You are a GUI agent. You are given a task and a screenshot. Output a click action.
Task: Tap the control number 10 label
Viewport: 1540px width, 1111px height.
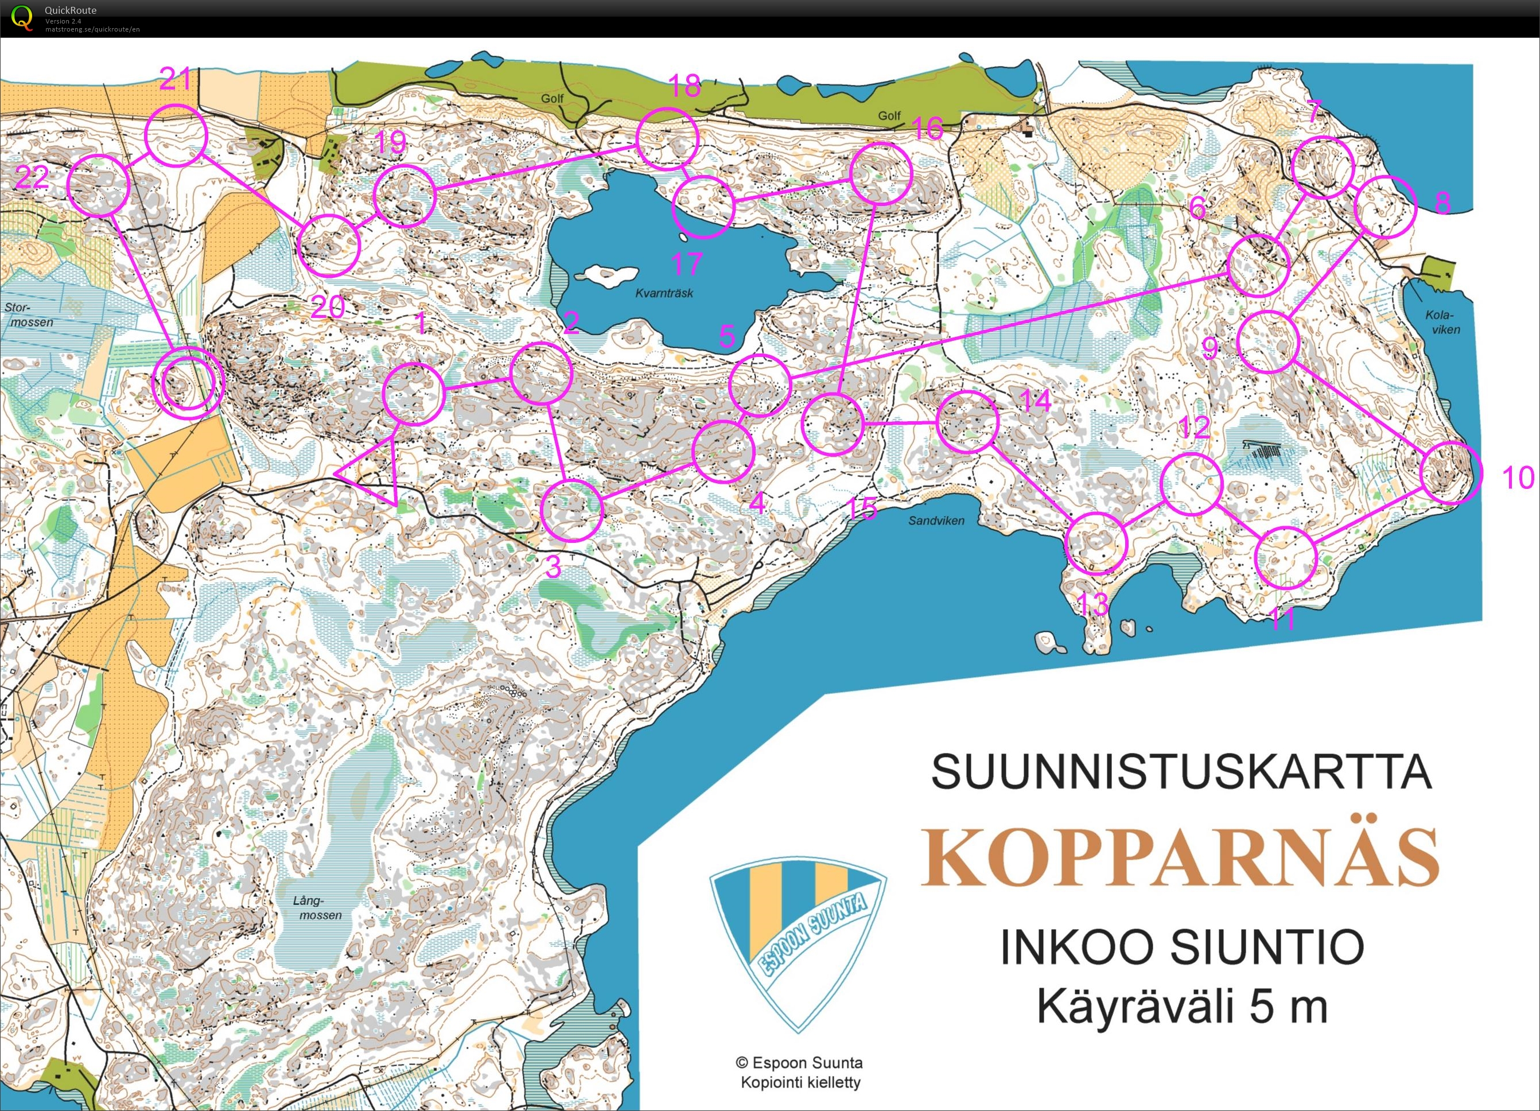point(1518,477)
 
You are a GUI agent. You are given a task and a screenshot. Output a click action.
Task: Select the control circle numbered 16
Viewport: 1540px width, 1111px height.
point(881,173)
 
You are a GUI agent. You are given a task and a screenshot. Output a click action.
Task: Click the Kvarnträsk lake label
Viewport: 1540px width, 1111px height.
point(664,293)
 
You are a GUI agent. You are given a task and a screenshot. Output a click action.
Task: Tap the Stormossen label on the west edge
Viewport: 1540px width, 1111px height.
point(28,315)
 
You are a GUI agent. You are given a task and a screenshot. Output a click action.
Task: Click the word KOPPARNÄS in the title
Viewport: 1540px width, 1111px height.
point(1180,857)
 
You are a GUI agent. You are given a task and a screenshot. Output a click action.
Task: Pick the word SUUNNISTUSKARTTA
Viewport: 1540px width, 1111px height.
point(1181,772)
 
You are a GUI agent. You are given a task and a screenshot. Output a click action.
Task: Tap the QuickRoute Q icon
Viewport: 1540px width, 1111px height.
point(22,17)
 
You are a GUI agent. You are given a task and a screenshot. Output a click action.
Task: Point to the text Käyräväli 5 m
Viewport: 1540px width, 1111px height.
point(1181,1007)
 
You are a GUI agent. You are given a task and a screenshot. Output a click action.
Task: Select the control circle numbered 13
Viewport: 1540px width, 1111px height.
point(1096,543)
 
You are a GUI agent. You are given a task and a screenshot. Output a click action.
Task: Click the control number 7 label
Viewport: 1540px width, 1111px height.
point(1315,111)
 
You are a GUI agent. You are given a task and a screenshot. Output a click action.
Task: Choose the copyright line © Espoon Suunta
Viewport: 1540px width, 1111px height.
point(800,1063)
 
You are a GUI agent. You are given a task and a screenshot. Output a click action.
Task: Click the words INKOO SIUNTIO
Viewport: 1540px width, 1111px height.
point(1182,947)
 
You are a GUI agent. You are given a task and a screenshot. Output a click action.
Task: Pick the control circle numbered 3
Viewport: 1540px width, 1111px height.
point(571,510)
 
